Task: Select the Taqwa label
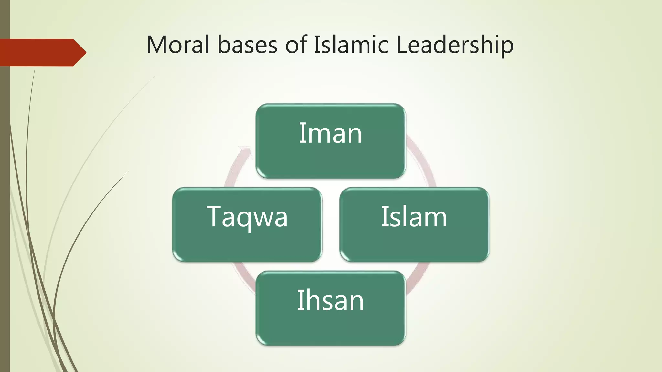pos(247,217)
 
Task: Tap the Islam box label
pos(414,217)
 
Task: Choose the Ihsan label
pos(330,300)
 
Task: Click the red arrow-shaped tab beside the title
pos(42,52)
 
